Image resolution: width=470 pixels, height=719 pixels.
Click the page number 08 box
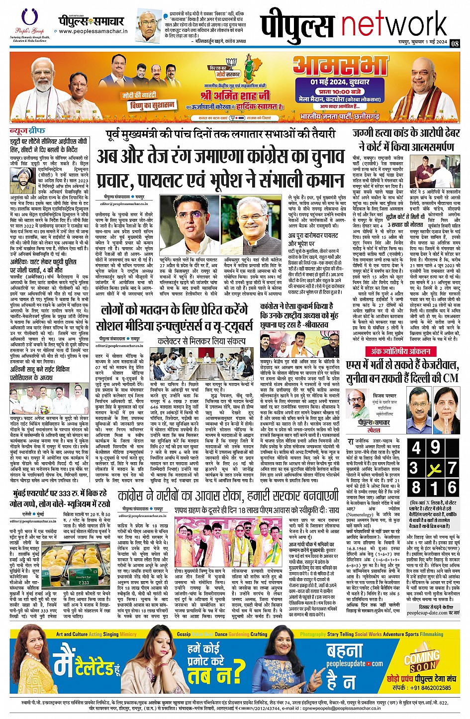455,43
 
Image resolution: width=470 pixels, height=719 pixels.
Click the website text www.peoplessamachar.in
93,31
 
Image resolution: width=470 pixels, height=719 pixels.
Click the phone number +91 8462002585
429,688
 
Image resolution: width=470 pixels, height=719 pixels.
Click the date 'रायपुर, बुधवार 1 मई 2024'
422,43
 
